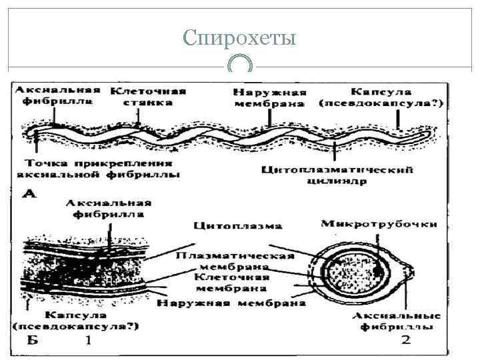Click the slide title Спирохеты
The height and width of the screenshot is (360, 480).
coord(239,37)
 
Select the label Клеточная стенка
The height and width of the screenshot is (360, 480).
coord(148,97)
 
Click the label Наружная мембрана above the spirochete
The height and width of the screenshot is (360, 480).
coord(270,98)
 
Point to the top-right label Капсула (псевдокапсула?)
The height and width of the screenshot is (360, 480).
coord(381,97)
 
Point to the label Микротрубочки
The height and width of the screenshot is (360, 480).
coord(379,224)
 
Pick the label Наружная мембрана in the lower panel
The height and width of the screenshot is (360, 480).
coord(231,303)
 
